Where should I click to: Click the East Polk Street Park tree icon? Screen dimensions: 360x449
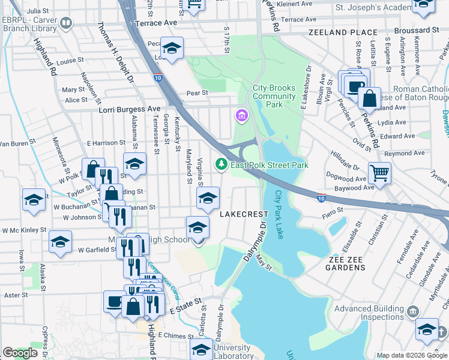(221, 164)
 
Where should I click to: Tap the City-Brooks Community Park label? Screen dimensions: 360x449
(274, 96)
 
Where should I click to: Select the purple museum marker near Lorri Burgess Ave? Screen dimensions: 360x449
(242, 115)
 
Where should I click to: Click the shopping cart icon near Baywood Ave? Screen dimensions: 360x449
(380, 173)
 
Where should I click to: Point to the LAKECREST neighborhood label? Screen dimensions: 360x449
(244, 214)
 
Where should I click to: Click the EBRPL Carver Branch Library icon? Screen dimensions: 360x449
(66, 23)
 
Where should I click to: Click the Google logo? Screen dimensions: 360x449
(20, 353)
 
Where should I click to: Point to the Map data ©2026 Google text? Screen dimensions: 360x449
(411, 355)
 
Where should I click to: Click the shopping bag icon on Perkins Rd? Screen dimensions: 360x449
(370, 97)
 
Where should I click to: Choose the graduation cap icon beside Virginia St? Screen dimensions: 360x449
(208, 198)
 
